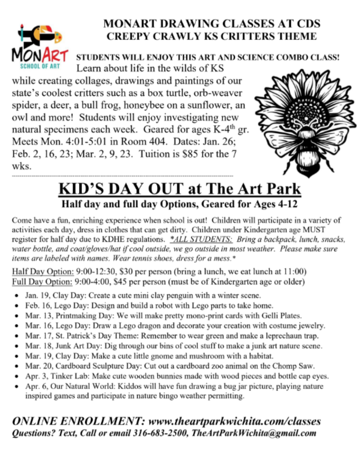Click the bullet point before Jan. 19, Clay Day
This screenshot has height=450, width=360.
click(x=16, y=296)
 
